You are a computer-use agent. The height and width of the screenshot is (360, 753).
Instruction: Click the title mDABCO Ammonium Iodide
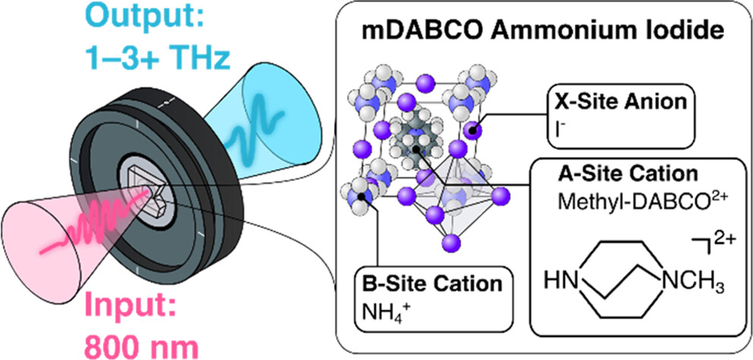536,32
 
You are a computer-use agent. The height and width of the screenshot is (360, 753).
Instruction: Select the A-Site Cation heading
628,173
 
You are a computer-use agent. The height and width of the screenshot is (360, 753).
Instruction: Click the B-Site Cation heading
432,283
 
